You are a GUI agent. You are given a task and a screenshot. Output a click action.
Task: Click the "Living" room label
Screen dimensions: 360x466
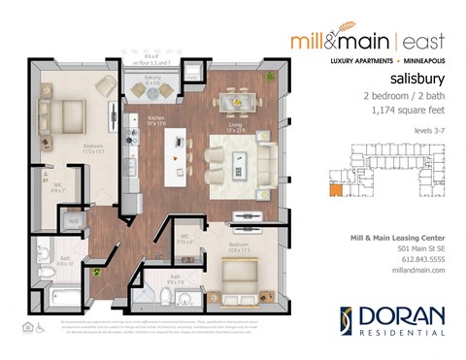(237, 123)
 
